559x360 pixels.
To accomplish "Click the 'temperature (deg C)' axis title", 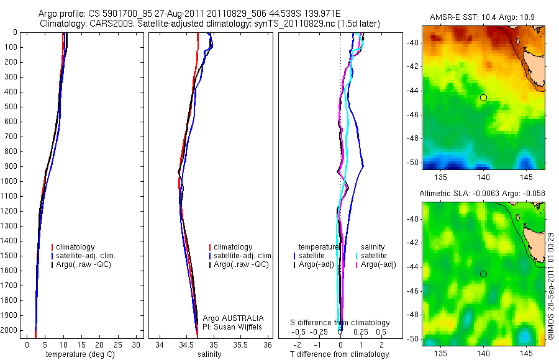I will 78,354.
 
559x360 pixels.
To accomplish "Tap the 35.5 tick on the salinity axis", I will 241,344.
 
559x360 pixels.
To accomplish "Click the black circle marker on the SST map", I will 483,97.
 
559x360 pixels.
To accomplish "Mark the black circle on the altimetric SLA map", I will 483,274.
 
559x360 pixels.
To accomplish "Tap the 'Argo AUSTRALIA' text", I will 229,318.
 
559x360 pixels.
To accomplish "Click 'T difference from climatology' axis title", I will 340,354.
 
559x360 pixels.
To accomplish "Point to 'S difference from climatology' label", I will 340,323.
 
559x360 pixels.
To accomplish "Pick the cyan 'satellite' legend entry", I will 375,256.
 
